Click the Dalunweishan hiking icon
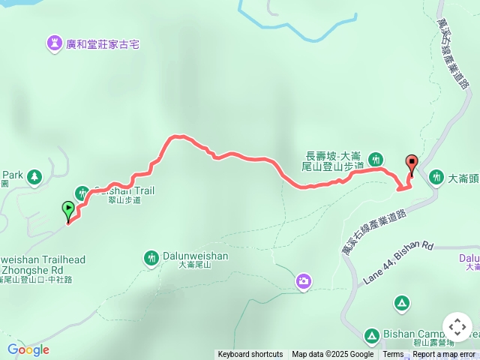click(151, 258)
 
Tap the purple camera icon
click(303, 281)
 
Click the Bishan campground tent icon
click(401, 303)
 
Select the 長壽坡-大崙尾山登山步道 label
click(334, 160)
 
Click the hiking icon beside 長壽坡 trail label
click(376, 159)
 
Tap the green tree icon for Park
click(34, 177)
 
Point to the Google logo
click(28, 349)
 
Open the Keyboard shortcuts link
click(250, 355)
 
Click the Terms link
click(393, 355)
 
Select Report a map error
click(445, 355)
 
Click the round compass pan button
click(457, 327)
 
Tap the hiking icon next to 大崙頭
click(436, 178)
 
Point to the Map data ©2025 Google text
click(332, 355)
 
